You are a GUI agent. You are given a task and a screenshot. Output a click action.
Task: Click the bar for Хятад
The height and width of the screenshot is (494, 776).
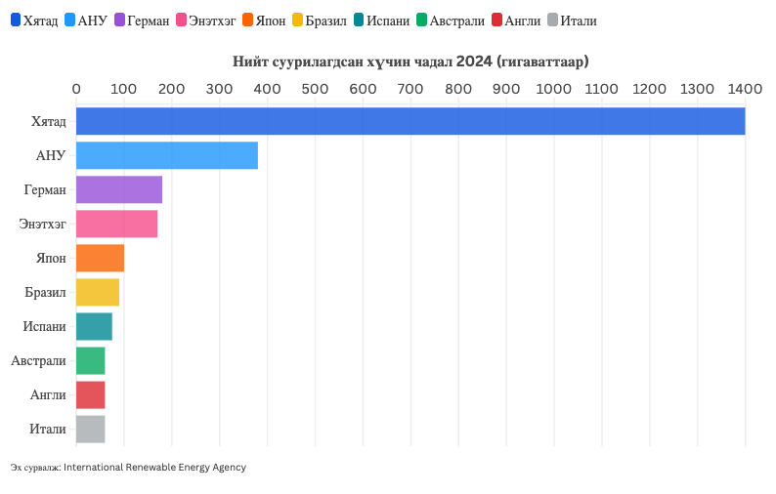pyautogui.click(x=410, y=121)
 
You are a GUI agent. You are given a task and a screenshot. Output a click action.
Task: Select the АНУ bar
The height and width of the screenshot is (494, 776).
pyautogui.click(x=167, y=155)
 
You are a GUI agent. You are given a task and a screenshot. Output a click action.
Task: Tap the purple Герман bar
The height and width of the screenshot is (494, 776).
pyautogui.click(x=119, y=189)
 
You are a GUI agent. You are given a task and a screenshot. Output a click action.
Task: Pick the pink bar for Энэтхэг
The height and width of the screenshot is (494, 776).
pyautogui.click(x=116, y=224)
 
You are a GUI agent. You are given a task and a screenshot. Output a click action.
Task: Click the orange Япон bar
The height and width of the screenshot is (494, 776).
pyautogui.click(x=100, y=258)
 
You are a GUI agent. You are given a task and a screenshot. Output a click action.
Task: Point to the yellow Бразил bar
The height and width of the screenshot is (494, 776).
pyautogui.click(x=98, y=292)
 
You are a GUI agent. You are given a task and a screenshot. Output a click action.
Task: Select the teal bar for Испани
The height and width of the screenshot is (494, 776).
pyautogui.click(x=94, y=326)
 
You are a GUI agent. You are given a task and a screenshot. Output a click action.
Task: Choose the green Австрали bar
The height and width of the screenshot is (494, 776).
pyautogui.click(x=90, y=360)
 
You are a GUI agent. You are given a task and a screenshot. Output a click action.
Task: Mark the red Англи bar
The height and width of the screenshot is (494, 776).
pyautogui.click(x=90, y=394)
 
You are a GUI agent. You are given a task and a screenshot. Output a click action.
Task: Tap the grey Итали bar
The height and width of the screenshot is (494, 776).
pyautogui.click(x=90, y=429)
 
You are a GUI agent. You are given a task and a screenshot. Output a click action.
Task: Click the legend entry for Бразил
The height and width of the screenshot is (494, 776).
pyautogui.click(x=319, y=21)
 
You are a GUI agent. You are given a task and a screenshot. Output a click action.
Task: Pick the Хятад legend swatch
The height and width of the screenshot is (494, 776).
pyautogui.click(x=16, y=21)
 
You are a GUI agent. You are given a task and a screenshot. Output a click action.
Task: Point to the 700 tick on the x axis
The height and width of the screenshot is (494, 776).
pyautogui.click(x=410, y=89)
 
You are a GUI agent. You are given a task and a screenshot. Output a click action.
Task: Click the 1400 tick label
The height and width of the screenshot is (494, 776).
pyautogui.click(x=745, y=89)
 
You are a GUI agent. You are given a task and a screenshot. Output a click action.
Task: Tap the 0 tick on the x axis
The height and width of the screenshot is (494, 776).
pyautogui.click(x=76, y=89)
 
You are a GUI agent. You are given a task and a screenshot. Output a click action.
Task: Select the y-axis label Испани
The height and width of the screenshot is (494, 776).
pyautogui.click(x=46, y=326)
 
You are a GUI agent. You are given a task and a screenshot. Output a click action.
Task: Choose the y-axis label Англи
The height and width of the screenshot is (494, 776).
pyautogui.click(x=48, y=394)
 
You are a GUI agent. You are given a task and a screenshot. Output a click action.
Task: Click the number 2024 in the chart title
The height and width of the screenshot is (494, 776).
pyautogui.click(x=473, y=62)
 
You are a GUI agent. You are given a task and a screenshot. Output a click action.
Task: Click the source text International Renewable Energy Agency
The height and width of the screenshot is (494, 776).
pyautogui.click(x=154, y=468)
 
